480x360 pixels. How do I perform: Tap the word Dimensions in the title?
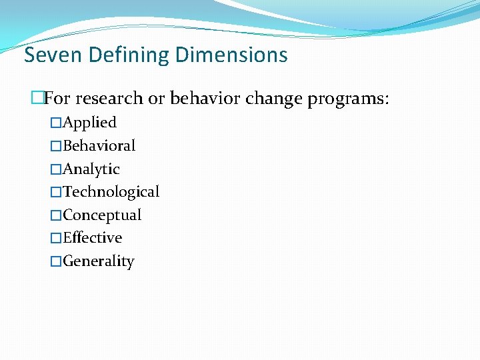[231, 55]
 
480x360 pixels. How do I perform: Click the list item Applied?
[89, 123]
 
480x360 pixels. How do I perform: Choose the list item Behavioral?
[99, 146]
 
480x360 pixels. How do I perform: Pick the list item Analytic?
[91, 169]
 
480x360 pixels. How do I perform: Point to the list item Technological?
[111, 192]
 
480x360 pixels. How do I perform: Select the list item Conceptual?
[102, 215]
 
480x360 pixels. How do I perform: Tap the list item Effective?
[93, 238]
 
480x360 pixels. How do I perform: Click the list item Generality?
[98, 261]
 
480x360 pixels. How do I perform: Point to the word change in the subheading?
[275, 99]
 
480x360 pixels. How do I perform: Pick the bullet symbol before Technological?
[56, 193]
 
